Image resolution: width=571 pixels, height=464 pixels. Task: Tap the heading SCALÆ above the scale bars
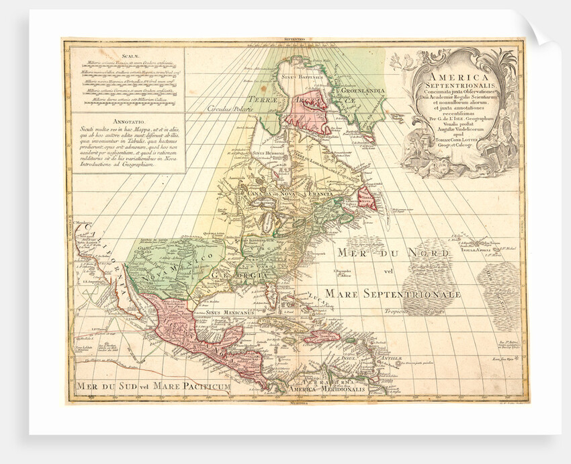coord(128,57)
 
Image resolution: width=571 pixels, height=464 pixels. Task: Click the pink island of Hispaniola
coord(323,336)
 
